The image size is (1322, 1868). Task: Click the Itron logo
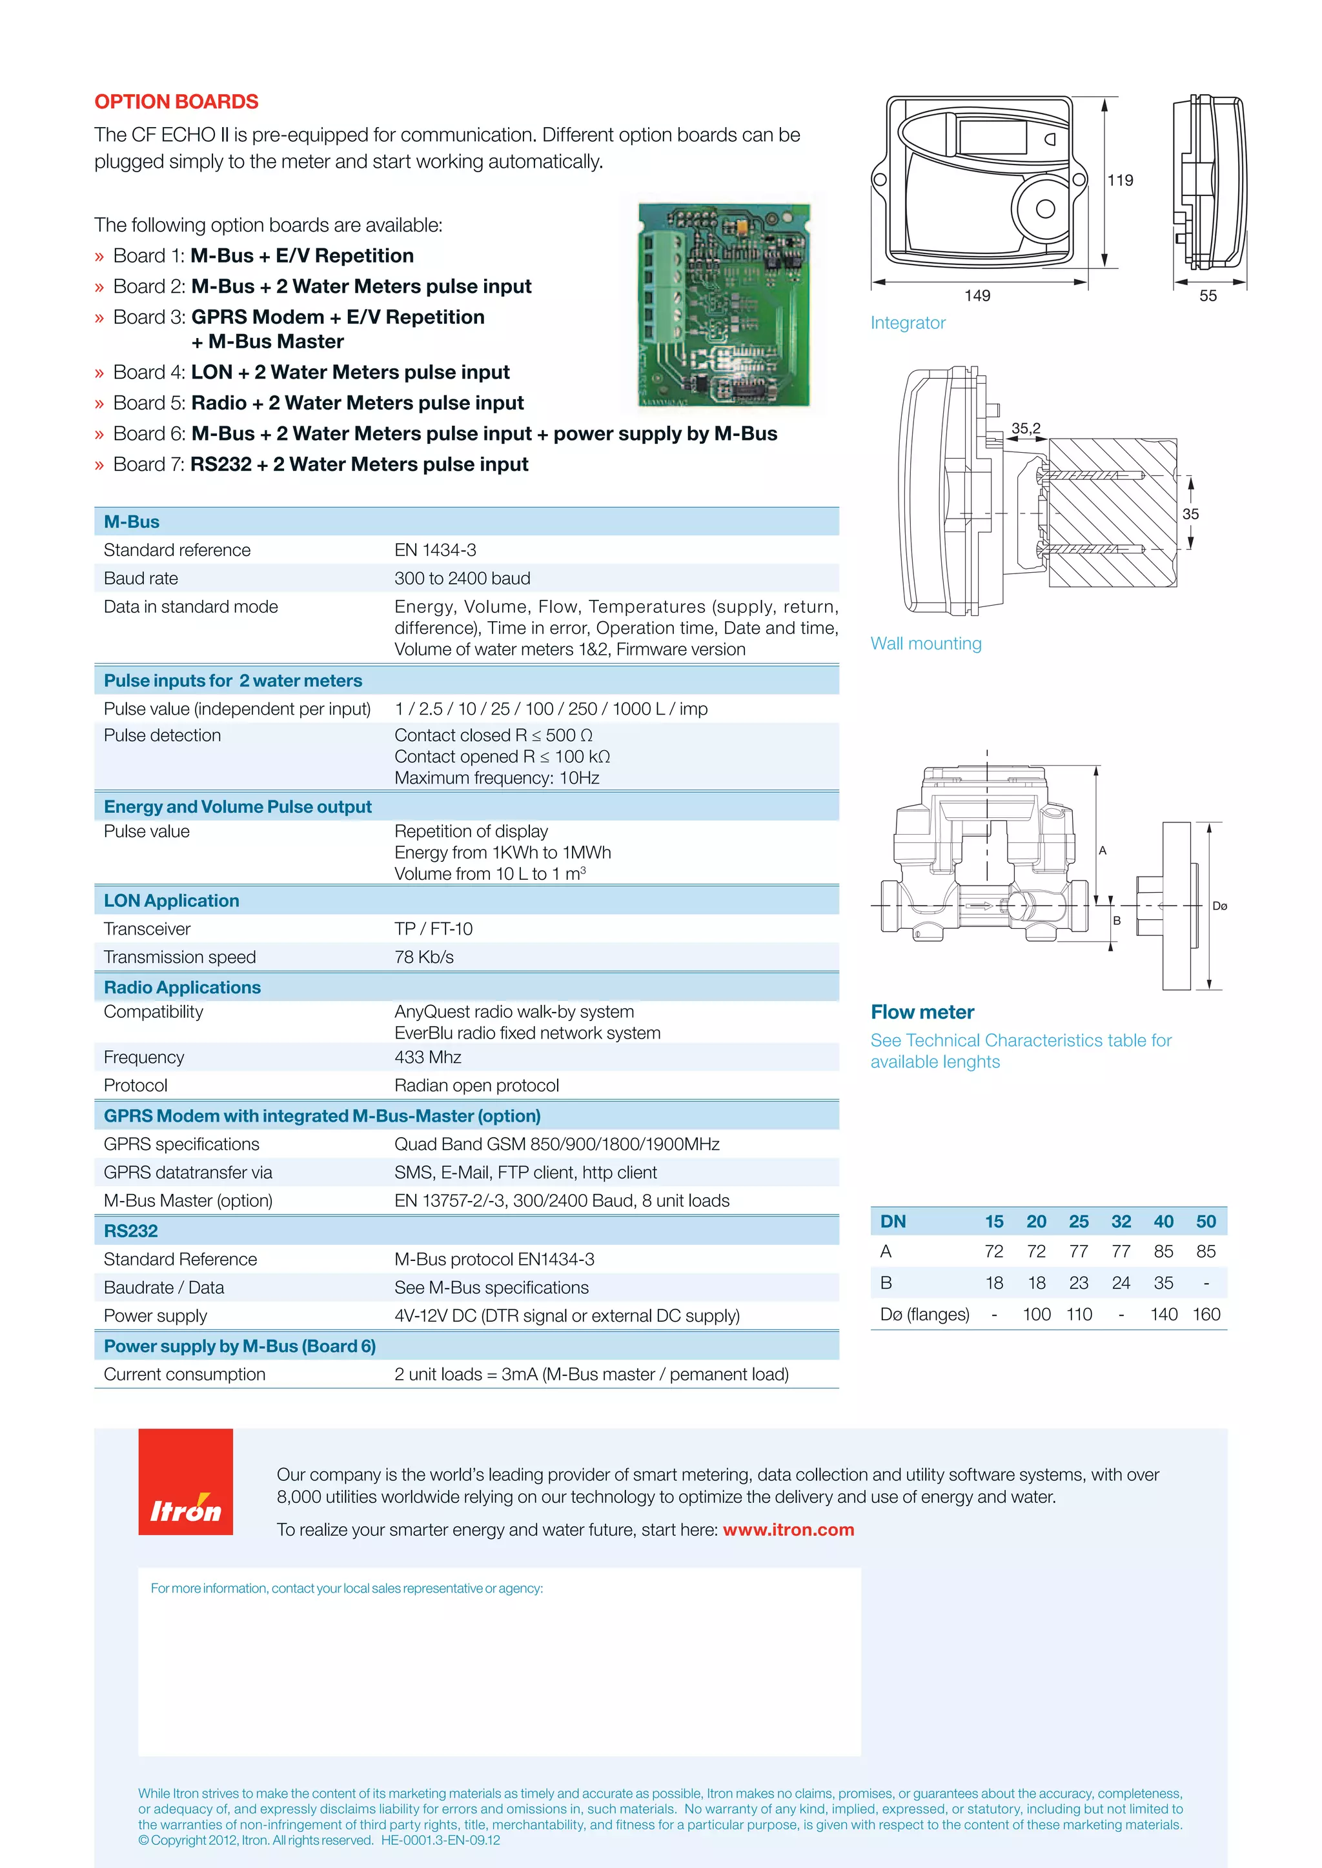point(186,1482)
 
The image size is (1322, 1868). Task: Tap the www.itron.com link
point(788,1529)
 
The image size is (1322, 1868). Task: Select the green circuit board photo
point(724,305)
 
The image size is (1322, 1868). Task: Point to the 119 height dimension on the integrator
point(1120,181)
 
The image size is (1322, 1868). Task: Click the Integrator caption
point(908,323)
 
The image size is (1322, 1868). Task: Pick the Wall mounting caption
point(926,644)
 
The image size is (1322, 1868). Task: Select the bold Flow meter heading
point(922,1012)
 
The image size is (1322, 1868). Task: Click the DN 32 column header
point(1121,1221)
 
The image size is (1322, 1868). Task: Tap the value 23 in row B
point(1079,1283)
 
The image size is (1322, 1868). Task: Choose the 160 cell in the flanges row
point(1206,1314)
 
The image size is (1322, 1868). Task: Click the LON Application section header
point(172,900)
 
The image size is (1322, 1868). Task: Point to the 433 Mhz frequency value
point(427,1057)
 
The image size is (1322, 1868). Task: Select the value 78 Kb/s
point(423,957)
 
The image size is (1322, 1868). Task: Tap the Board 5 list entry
point(318,402)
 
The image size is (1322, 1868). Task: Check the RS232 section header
point(131,1231)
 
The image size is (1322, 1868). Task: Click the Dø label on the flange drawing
point(1219,906)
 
